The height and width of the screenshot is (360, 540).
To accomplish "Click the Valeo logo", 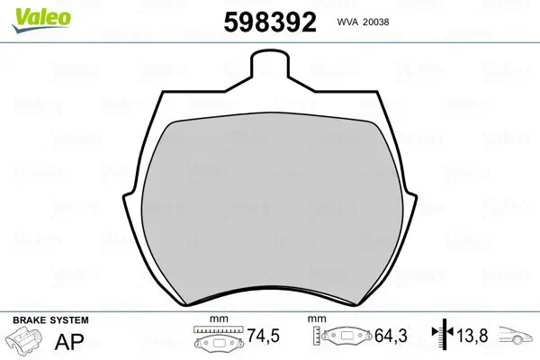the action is [41, 20].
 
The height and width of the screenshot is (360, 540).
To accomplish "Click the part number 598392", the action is [270, 22].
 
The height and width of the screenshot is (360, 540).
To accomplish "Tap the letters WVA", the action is [347, 22].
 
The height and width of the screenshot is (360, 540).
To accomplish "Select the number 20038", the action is [375, 22].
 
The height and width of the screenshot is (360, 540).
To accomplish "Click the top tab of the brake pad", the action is [270, 64].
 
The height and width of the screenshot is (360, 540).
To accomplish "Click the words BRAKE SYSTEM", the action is [50, 320].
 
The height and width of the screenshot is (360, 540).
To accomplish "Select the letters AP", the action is [69, 342].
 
